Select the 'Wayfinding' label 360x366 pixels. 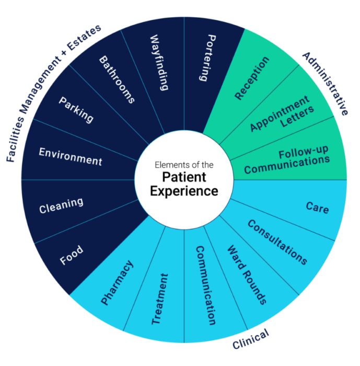(x=159, y=63)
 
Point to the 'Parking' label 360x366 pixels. (x=76, y=109)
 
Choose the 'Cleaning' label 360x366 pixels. (x=61, y=205)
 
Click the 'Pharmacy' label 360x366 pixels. (x=117, y=283)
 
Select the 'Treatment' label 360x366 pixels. (x=160, y=299)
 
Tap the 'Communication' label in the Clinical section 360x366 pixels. (x=205, y=285)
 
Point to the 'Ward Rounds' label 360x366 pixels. (x=246, y=274)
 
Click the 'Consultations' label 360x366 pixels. (x=277, y=242)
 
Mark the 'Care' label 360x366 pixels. (x=317, y=208)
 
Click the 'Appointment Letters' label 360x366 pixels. (x=282, y=115)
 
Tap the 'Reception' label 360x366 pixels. (x=252, y=78)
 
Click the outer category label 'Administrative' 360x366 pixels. (x=324, y=83)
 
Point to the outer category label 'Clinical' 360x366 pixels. (x=250, y=339)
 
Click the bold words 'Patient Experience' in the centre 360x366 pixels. (x=184, y=183)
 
